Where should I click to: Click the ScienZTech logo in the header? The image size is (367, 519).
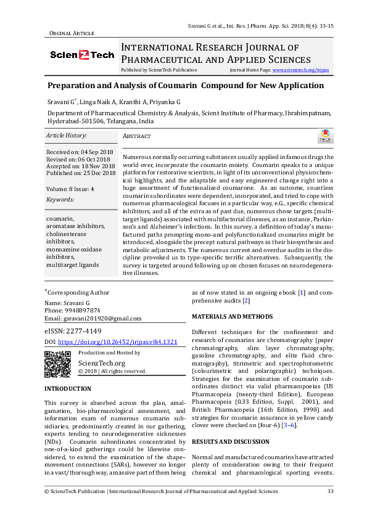[82, 55]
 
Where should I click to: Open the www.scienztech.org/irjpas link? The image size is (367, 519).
[300, 70]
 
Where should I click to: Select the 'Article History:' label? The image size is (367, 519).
[67, 135]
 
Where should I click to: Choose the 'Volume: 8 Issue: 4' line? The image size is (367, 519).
[70, 189]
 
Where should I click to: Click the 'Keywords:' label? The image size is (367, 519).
[60, 200]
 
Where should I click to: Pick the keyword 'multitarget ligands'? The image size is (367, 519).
[72, 264]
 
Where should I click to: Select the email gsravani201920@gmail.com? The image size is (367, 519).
[103, 318]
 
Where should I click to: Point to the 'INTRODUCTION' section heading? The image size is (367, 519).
[68, 389]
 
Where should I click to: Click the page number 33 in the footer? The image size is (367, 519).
[330, 491]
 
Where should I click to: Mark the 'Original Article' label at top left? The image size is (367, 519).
[71, 33]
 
